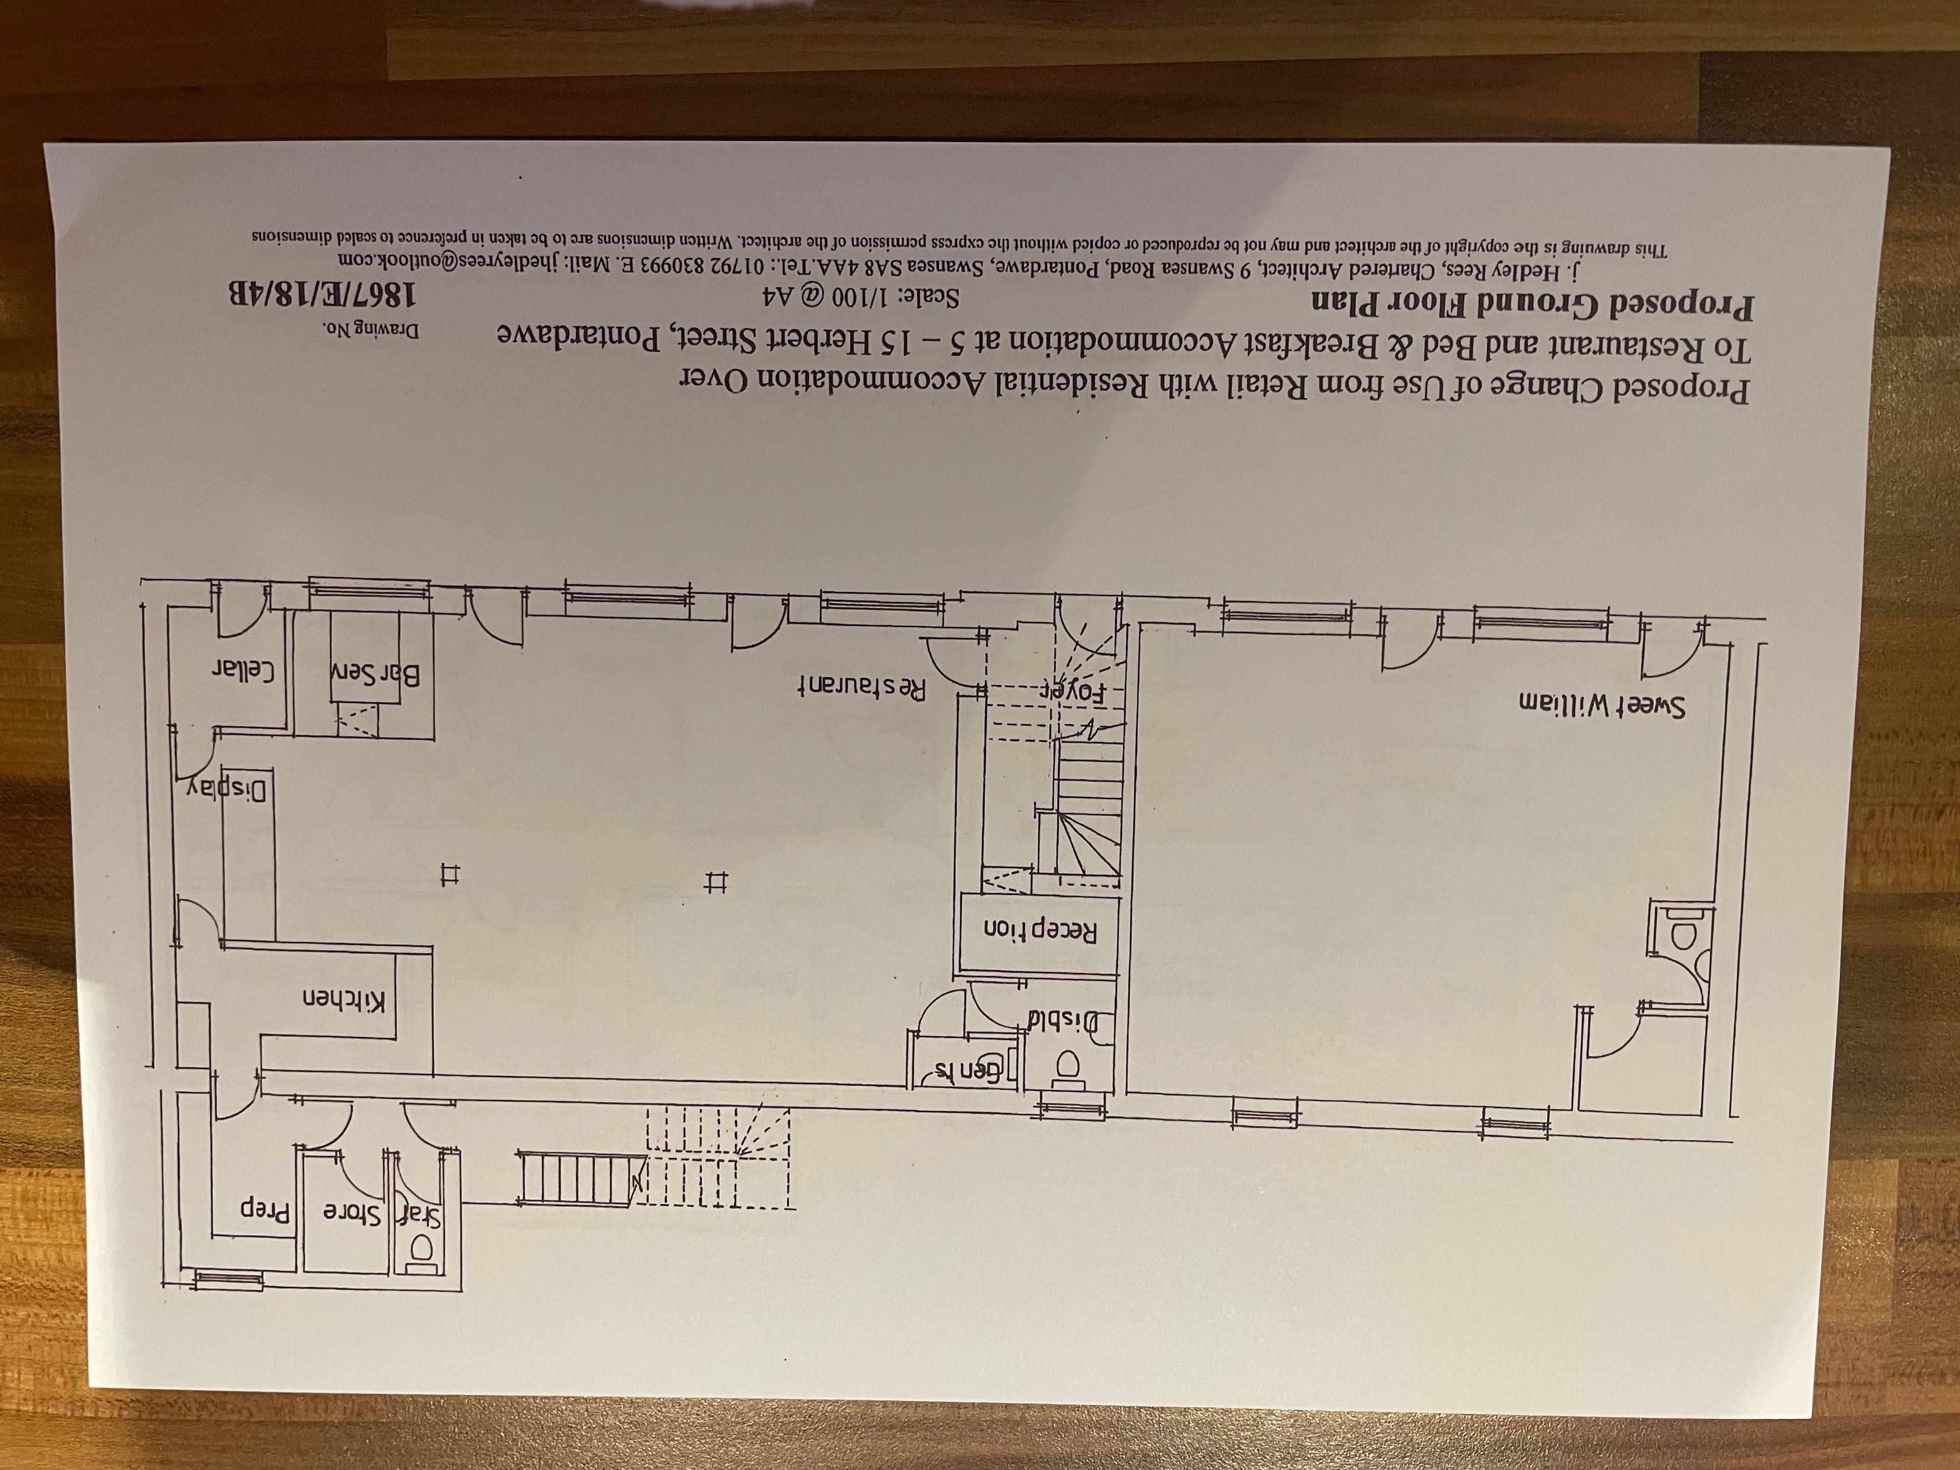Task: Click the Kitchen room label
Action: pyautogui.click(x=345, y=999)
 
